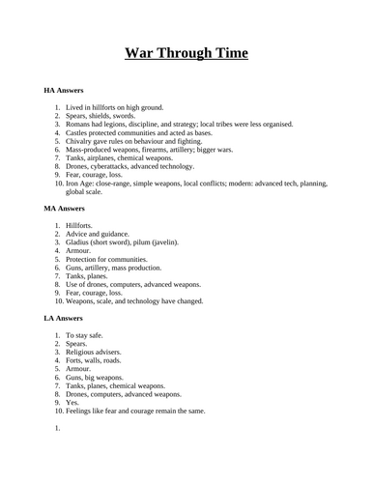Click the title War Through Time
[186, 52]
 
